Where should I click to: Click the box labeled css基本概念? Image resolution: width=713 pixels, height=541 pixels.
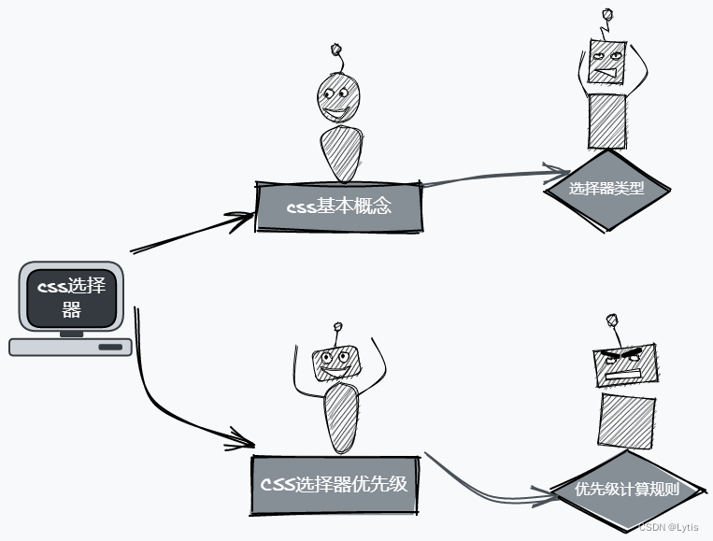click(x=340, y=206)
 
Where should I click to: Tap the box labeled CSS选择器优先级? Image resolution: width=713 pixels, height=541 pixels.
click(x=333, y=485)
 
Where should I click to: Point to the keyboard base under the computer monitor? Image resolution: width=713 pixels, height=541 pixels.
click(x=71, y=347)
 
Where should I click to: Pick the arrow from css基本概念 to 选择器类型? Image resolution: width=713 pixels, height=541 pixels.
click(x=486, y=177)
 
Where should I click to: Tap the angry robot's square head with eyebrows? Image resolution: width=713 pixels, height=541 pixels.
click(x=625, y=364)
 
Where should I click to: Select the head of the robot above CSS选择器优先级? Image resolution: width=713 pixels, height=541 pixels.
click(x=335, y=359)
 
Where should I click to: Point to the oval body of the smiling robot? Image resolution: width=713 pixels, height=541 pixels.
click(x=340, y=153)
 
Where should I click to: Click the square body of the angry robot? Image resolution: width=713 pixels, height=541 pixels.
click(x=626, y=420)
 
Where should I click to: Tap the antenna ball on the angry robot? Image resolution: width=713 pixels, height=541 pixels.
click(x=612, y=320)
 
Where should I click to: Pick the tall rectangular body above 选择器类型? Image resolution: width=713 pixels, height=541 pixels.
click(x=607, y=121)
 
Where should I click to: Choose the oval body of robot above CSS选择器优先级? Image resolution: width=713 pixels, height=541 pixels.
click(x=340, y=416)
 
